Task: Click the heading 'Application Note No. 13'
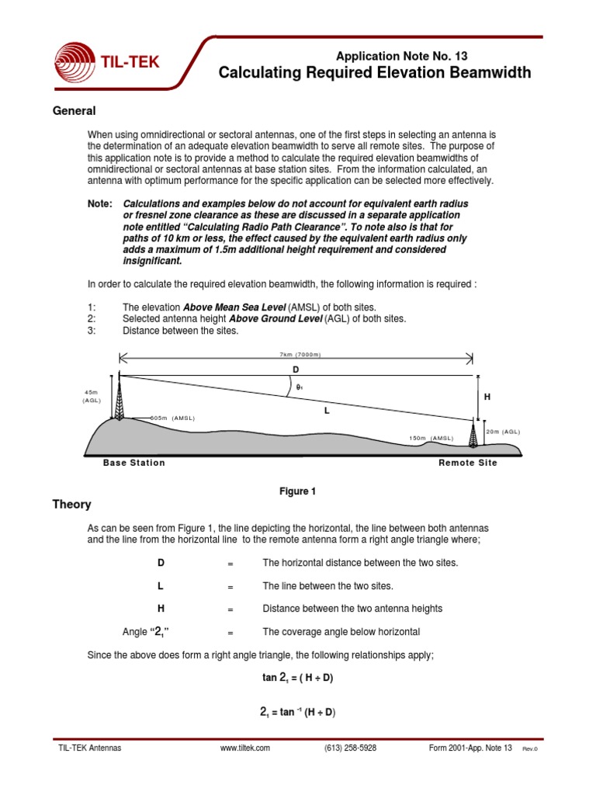(401, 56)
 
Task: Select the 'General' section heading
(74, 111)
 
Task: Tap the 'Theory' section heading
(71, 504)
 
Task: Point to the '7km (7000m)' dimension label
(295, 354)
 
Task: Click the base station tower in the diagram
(119, 397)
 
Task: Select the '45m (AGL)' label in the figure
(92, 395)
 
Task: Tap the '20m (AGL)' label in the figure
(502, 431)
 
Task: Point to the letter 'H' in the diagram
(487, 397)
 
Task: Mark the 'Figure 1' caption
(298, 491)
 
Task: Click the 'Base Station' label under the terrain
(134, 463)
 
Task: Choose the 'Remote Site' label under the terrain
(468, 463)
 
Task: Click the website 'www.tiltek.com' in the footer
(245, 748)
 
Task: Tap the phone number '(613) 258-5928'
(351, 748)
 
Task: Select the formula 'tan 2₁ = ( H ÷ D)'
(298, 677)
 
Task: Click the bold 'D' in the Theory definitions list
(161, 562)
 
